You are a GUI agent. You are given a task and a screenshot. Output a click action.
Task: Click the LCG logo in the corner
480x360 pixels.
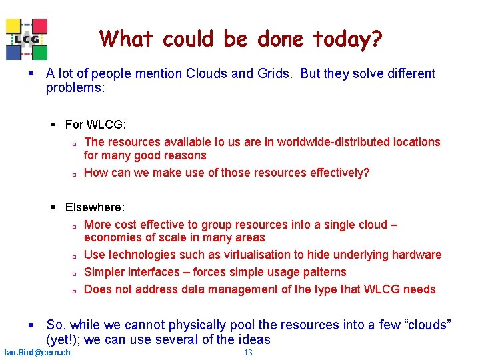click(x=27, y=39)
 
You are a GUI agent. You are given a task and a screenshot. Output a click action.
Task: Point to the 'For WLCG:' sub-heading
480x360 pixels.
click(x=95, y=125)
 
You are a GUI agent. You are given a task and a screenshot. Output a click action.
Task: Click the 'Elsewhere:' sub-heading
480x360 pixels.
click(x=95, y=208)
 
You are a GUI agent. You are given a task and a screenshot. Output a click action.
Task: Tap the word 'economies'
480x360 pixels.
click(x=111, y=238)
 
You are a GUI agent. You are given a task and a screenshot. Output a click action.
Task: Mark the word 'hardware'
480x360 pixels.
click(x=417, y=255)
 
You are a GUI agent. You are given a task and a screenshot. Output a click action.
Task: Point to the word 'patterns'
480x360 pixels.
click(x=323, y=272)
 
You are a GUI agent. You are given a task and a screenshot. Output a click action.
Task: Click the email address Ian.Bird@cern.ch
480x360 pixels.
click(x=37, y=352)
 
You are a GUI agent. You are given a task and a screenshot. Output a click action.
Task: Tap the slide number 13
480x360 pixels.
click(x=248, y=353)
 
